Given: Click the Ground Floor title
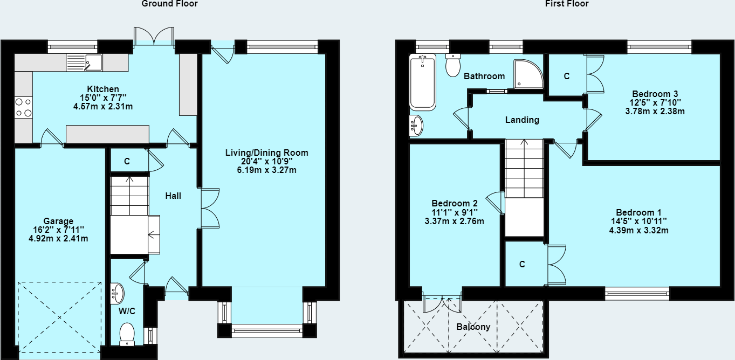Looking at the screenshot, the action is (170, 4).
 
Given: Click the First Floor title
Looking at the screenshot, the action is (567, 4).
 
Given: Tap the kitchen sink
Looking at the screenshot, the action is (84, 63).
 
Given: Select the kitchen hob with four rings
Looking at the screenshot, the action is (24, 108).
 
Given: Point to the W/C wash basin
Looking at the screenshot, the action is (118, 293).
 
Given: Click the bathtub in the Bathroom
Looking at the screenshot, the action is (423, 82).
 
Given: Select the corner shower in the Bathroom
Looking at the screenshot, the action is (528, 74).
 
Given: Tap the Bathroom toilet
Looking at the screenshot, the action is (453, 65).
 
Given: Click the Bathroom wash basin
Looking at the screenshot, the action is (416, 126).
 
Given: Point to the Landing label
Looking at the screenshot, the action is (522, 120).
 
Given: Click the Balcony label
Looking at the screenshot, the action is (473, 327).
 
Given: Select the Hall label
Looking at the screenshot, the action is (173, 196).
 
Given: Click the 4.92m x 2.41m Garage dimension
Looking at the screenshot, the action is (58, 239).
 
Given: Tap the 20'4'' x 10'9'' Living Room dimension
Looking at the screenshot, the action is (267, 161).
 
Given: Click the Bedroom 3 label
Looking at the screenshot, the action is (655, 94).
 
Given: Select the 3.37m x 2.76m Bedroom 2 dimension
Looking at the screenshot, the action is (455, 221).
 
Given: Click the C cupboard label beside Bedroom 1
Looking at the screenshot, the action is (523, 264).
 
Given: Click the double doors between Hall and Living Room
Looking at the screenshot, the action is (210, 208).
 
